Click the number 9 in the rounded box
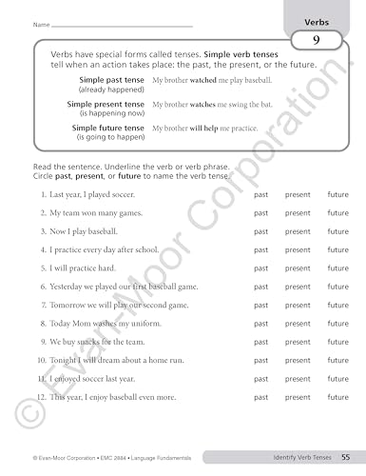pos(314,40)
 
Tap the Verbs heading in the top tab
pos(317,20)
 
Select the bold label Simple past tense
pos(106,81)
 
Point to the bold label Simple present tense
pos(106,104)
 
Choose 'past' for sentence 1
pos(260,194)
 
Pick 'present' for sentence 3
pos(298,231)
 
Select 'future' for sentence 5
pos(338,268)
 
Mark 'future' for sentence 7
pos(338,305)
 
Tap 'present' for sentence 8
pos(298,323)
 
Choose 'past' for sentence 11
pos(260,378)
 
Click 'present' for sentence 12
pos(298,397)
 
